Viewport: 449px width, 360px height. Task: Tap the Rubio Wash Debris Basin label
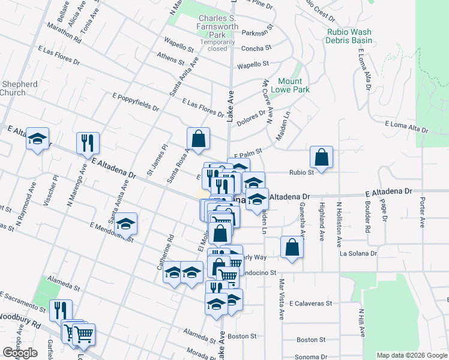(x=349, y=36)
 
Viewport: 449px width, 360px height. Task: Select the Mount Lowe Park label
(x=294, y=85)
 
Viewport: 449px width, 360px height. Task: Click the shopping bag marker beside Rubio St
(x=322, y=158)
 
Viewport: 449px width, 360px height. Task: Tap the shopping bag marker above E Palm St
(x=198, y=139)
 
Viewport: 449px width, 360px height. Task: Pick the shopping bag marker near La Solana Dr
(x=292, y=248)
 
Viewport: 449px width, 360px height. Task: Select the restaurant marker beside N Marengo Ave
(x=88, y=143)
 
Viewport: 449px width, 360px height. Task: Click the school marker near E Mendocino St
(x=125, y=224)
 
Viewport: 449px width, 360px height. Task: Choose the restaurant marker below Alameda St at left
(x=61, y=310)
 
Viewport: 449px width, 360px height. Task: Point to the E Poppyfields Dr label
(x=136, y=101)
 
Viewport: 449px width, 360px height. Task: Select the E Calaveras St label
(x=310, y=304)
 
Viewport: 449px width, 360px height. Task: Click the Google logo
(x=20, y=353)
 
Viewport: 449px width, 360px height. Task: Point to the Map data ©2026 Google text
(x=411, y=355)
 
